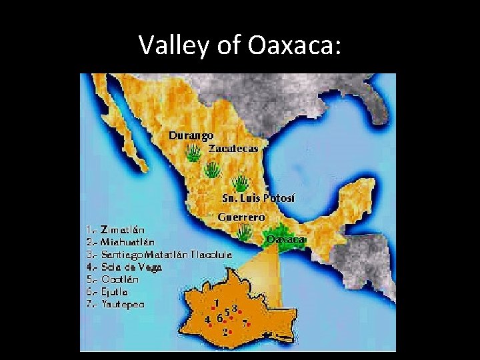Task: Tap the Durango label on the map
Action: (x=191, y=135)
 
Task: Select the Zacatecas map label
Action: (x=233, y=148)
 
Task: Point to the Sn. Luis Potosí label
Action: (x=258, y=199)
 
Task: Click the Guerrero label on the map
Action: (x=242, y=217)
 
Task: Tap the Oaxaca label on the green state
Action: (x=285, y=239)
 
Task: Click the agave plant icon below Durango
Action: (x=192, y=154)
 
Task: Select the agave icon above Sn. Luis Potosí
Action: (x=240, y=182)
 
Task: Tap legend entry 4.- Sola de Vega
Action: (x=124, y=267)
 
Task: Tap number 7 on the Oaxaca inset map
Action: (x=245, y=323)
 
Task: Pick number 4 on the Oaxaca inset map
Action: (x=208, y=319)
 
